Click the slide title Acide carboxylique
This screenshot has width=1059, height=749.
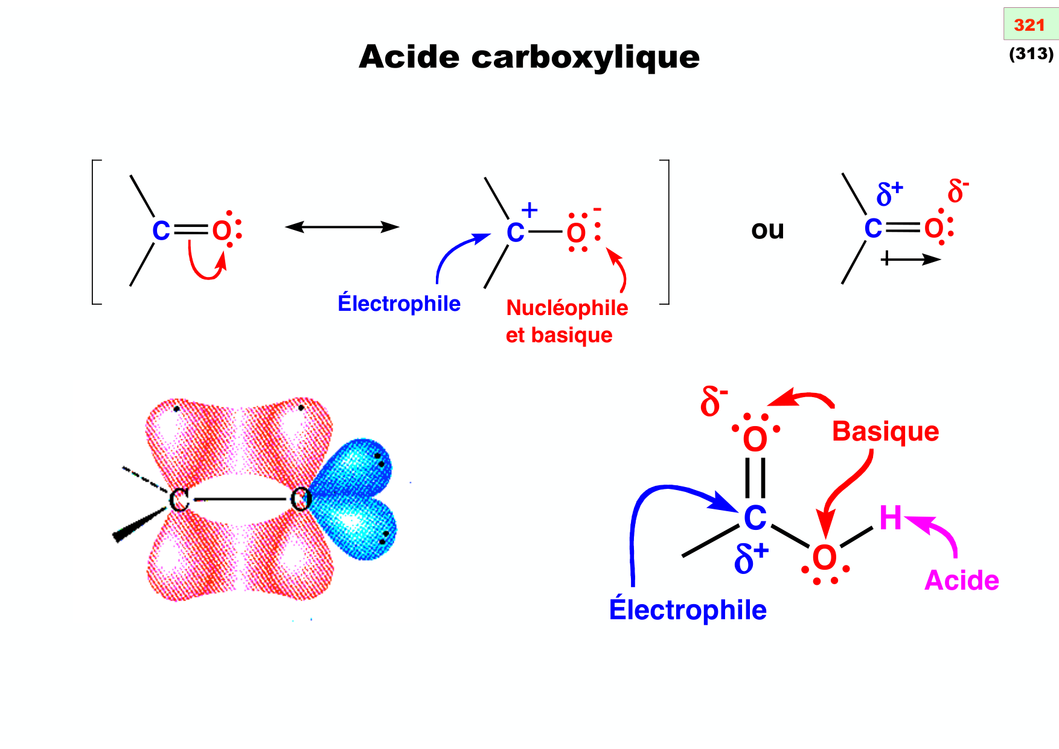tap(529, 57)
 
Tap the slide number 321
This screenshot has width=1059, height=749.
tap(1029, 25)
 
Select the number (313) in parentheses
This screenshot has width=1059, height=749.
tap(1031, 54)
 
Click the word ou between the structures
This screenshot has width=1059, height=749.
tap(767, 230)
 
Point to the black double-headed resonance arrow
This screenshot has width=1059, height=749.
tap(342, 227)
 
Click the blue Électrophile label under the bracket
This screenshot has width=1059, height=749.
tap(399, 304)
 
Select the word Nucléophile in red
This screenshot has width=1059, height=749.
tap(567, 308)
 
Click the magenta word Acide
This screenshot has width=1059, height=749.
tap(962, 581)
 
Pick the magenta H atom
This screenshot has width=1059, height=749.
tap(890, 518)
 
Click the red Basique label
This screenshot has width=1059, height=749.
tap(885, 432)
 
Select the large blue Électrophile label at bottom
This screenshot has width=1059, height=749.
tap(688, 610)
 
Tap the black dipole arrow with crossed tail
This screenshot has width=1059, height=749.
tap(910, 260)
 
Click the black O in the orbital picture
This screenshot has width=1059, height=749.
tap(301, 500)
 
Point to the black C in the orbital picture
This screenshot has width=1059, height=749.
tap(179, 500)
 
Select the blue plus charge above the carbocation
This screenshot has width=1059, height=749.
tap(529, 210)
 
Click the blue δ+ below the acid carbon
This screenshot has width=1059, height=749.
tap(750, 558)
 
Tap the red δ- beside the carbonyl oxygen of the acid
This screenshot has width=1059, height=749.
tap(714, 401)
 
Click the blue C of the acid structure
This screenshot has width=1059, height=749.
tap(755, 518)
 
